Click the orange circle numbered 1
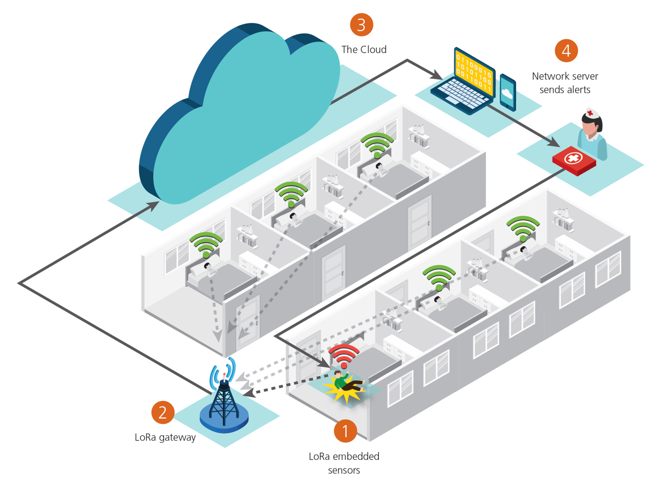point(346,431)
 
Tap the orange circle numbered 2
point(163,413)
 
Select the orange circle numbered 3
point(361,24)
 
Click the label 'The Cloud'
point(364,49)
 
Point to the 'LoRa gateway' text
point(165,437)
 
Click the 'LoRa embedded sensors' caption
point(344,463)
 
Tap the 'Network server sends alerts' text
point(565,83)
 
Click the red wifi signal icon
point(344,356)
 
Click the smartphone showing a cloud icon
point(507,92)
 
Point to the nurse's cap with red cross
point(592,113)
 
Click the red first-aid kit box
point(574,160)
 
